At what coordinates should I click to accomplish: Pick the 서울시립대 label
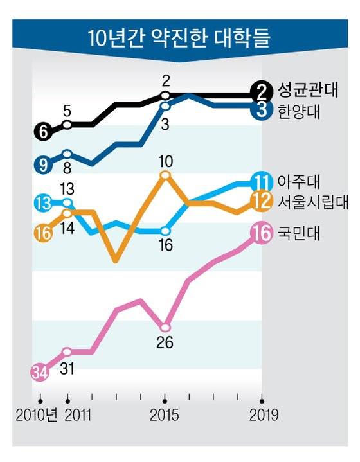pyautogui.click(x=312, y=201)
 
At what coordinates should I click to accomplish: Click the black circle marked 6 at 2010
pyautogui.click(x=42, y=132)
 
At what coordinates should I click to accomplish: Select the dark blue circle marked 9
pyautogui.click(x=42, y=164)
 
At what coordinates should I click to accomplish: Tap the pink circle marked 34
pyautogui.click(x=40, y=372)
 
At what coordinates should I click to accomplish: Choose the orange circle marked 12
pyautogui.click(x=261, y=201)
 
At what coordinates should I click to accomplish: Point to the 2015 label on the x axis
pyautogui.click(x=165, y=415)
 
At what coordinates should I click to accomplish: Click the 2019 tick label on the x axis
pyautogui.click(x=264, y=415)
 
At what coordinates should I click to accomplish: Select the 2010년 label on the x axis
pyautogui.click(x=37, y=415)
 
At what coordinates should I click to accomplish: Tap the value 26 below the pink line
pyautogui.click(x=165, y=342)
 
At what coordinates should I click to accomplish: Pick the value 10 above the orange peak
pyautogui.click(x=165, y=159)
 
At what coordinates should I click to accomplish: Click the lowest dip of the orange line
pyautogui.click(x=116, y=260)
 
